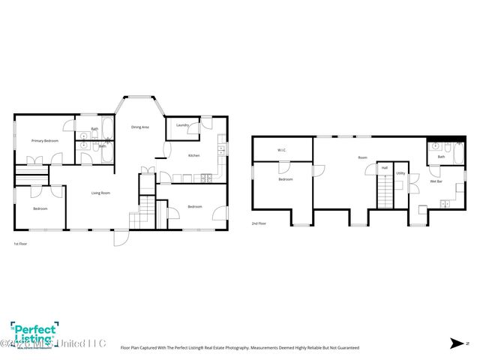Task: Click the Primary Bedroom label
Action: [45, 141]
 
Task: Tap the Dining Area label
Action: [140, 127]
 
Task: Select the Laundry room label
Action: [181, 124]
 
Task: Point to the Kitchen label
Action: [193, 155]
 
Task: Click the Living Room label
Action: [101, 193]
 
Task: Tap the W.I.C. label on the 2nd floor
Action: [281, 150]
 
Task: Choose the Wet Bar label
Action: [435, 181]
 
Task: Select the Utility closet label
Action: [400, 173]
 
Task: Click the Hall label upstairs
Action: [384, 167]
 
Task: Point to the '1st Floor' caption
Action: [21, 244]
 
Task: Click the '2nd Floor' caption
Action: [259, 223]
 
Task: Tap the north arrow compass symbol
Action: [455, 343]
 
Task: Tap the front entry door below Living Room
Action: [120, 237]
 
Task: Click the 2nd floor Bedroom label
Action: [286, 179]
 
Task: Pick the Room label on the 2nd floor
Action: [362, 157]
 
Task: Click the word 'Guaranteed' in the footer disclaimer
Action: [346, 348]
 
